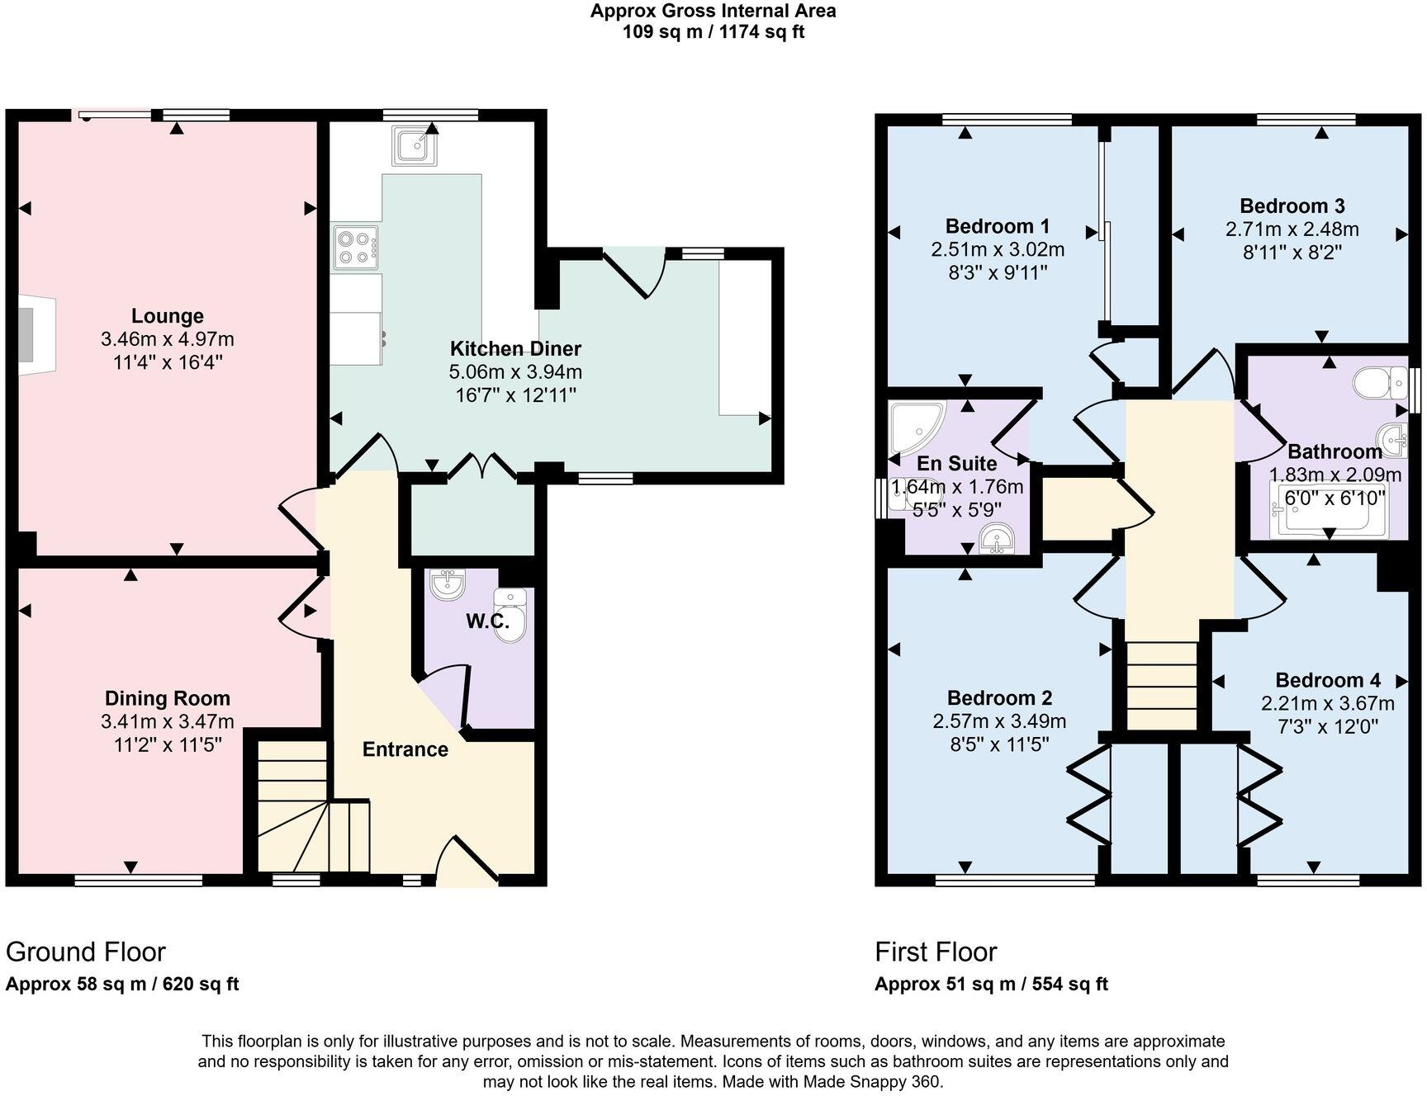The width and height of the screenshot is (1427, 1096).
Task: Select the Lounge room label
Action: [x=168, y=316]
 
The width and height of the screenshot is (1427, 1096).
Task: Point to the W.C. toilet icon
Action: [x=510, y=614]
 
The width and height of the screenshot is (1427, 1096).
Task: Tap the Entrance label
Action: [x=405, y=749]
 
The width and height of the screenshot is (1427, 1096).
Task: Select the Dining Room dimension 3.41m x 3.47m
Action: [x=168, y=722]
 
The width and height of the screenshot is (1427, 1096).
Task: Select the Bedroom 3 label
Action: [x=1292, y=206]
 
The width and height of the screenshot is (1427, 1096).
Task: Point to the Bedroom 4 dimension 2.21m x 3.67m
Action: [x=1327, y=704]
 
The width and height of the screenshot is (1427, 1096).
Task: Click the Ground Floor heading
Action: [x=86, y=952]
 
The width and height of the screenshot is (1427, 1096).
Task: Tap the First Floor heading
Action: [x=936, y=952]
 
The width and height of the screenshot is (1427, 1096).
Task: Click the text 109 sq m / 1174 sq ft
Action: [x=713, y=32]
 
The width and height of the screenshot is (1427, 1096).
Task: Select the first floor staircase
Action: [x=1162, y=685]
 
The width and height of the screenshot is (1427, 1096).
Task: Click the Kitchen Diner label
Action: [x=515, y=348]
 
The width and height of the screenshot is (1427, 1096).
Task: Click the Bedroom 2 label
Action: [x=999, y=698]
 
